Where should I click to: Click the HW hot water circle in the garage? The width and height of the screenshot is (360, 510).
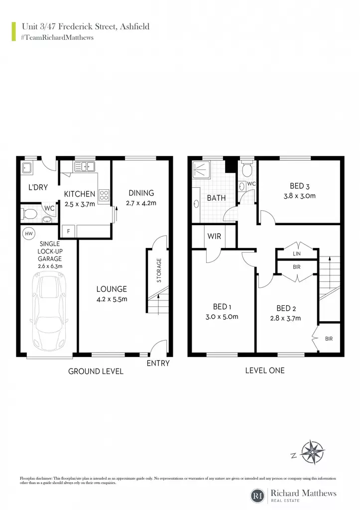coord(29,233)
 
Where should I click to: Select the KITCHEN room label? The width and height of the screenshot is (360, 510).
coord(80,194)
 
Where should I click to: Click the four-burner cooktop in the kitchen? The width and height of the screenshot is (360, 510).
coord(104,195)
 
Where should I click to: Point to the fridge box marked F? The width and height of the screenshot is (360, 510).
coord(68,231)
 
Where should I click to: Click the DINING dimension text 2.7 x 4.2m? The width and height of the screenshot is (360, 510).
coord(141,203)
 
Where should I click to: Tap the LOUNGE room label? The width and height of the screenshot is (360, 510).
coord(112,289)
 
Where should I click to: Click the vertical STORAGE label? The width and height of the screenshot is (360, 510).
coord(159,270)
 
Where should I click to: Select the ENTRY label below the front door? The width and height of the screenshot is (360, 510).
coord(158,363)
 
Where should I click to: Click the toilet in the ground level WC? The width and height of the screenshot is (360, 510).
coord(29,214)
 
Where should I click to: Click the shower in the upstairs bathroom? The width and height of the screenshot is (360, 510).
coord(202,169)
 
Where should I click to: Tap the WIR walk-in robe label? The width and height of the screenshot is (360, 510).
coord(214,236)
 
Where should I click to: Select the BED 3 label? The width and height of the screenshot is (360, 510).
coord(300,186)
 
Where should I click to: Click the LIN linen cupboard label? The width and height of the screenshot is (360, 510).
coord(297,254)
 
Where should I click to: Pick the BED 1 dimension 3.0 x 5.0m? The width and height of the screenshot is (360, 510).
coord(222,316)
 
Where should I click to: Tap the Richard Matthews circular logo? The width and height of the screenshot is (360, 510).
coord(257,496)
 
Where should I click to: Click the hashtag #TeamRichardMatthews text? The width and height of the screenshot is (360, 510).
coord(57,37)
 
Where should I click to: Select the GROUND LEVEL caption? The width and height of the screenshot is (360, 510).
coord(96,371)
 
